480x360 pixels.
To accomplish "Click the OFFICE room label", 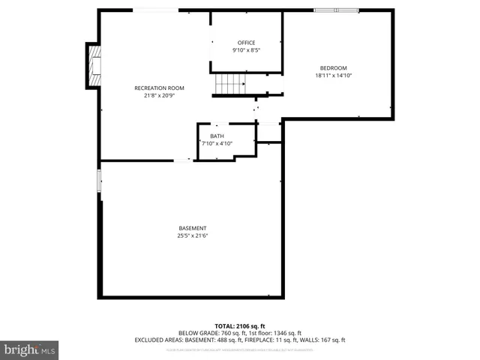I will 246,43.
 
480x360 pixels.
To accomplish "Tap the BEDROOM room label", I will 334,68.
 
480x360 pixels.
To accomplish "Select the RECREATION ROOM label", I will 159,88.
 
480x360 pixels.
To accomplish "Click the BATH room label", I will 217,136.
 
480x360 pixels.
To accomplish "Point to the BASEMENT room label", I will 193,228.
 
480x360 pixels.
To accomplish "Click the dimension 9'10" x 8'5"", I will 246,50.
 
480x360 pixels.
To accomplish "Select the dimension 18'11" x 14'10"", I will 334,76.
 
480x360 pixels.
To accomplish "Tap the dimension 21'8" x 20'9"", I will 159,96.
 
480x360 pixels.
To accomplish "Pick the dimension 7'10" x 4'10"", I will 217,143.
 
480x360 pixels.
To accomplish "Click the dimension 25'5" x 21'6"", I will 193,235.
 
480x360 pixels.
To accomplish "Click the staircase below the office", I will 229,85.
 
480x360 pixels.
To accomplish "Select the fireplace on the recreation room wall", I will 94,66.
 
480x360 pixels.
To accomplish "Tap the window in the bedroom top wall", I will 336,10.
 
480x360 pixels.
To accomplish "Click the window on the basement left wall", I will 99,181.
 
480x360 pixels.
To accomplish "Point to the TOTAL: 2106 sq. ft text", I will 239,326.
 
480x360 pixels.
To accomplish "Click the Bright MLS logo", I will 29,349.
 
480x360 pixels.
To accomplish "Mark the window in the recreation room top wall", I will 156,10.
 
